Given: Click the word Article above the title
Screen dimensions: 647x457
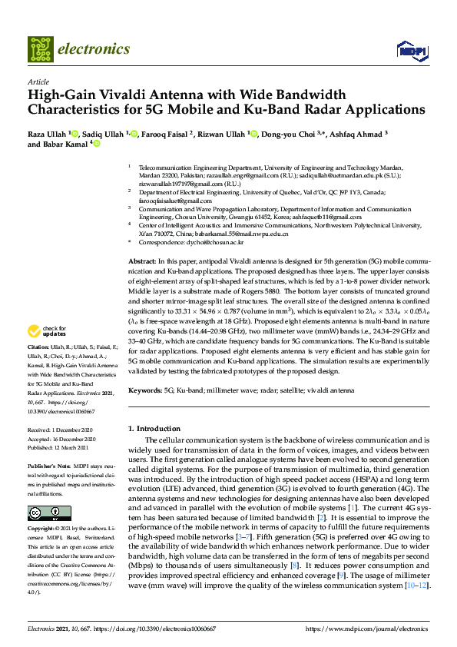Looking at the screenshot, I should click(x=38, y=81).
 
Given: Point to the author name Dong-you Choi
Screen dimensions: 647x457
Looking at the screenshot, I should click(x=305, y=134).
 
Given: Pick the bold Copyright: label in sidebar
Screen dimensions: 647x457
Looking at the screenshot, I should click(x=43, y=529).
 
